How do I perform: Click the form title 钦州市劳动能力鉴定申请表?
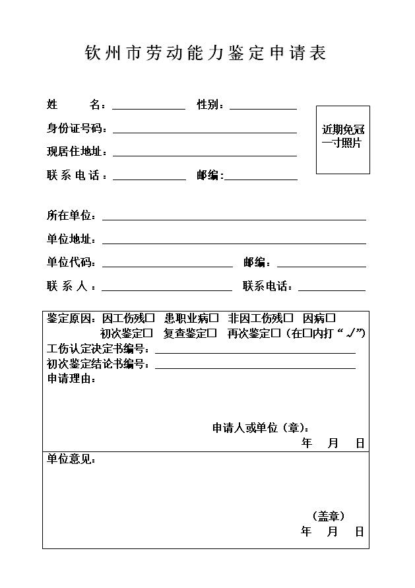[x=206, y=53]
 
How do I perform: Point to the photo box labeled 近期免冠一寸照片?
[x=342, y=139]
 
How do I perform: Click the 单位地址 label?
[x=71, y=240]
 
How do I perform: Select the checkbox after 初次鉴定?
[x=148, y=334]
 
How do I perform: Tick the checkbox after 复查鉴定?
[x=212, y=334]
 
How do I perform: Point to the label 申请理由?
[x=71, y=379]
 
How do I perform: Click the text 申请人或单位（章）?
[x=260, y=428]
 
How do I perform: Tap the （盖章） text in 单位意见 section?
[x=328, y=516]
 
